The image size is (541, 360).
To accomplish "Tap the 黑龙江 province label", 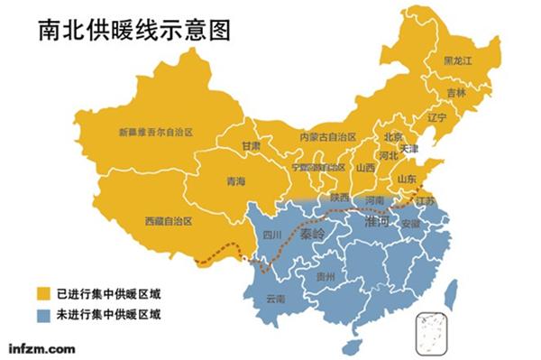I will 460,60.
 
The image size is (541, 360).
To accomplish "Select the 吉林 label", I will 456,92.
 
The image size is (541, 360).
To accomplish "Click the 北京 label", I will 394,137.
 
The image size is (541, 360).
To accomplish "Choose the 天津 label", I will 408,147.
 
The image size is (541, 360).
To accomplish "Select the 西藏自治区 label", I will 169,220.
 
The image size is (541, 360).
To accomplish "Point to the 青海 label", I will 235,181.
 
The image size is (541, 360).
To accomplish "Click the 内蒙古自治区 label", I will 327,137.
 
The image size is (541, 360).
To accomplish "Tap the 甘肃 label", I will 251,145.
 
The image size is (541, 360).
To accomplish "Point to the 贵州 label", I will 332,276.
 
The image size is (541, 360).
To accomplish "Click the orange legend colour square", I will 41,293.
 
